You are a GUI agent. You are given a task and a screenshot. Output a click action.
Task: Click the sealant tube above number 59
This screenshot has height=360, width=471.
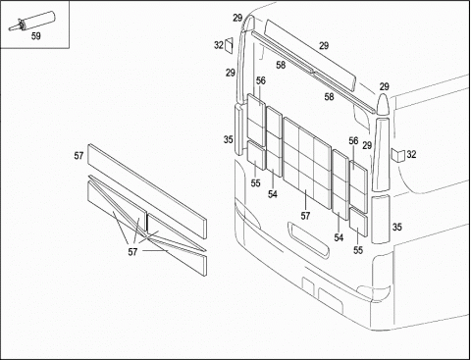point(31,21)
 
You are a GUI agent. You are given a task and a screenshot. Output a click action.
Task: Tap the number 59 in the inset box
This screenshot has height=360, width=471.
point(36,36)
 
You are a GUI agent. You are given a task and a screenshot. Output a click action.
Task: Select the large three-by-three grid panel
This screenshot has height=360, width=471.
point(306,162)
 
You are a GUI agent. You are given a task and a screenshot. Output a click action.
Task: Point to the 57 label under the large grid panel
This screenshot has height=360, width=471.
point(305,216)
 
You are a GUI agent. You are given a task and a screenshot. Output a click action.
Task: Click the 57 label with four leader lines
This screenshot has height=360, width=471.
point(132,252)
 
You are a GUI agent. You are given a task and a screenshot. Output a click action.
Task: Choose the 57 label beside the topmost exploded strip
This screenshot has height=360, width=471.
point(78,156)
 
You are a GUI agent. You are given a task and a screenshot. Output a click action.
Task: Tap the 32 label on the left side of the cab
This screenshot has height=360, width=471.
point(219,45)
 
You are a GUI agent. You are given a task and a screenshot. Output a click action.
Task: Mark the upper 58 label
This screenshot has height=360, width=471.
point(281,65)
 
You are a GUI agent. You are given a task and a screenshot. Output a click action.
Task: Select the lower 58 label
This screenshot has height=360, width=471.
point(329,97)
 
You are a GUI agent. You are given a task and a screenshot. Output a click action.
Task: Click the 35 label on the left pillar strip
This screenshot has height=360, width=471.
point(229,139)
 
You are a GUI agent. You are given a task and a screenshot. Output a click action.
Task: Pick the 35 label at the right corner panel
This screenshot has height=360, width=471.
point(396,227)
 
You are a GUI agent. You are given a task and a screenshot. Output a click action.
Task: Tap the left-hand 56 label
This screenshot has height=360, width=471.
point(261,80)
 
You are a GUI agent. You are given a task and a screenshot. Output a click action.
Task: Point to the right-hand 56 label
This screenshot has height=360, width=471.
point(353,141)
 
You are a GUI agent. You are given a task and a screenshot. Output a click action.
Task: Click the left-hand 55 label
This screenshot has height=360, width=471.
point(255,183)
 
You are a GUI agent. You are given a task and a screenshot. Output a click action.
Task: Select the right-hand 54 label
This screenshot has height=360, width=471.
point(339,237)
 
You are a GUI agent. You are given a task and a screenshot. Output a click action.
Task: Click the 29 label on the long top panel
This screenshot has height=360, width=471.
point(324,46)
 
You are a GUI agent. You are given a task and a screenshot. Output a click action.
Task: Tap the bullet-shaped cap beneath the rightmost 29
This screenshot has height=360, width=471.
point(383,105)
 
